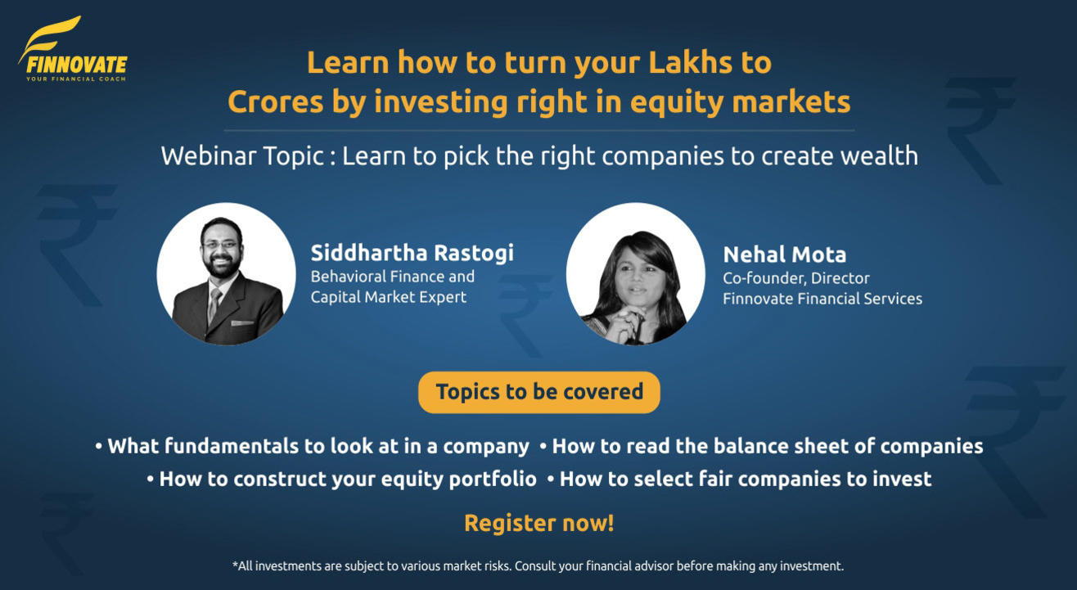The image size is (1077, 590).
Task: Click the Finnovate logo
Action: pyautogui.click(x=72, y=50)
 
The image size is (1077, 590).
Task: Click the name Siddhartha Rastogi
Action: pyautogui.click(x=412, y=253)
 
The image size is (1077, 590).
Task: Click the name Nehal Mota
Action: pyautogui.click(x=784, y=254)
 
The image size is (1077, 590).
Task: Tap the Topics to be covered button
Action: pyautogui.click(x=538, y=392)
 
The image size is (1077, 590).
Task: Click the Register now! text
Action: pyautogui.click(x=538, y=523)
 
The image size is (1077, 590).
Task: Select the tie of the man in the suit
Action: pyautogui.click(x=215, y=304)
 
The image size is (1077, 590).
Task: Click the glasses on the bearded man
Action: pyautogui.click(x=221, y=244)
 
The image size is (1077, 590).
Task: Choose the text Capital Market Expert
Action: pyautogui.click(x=388, y=297)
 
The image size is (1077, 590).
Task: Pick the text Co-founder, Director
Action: pyautogui.click(x=795, y=278)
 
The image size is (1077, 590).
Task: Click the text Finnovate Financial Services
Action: pyautogui.click(x=822, y=299)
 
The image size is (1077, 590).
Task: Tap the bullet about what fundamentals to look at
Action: pyautogui.click(x=313, y=447)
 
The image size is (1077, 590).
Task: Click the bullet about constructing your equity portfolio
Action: pyautogui.click(x=341, y=479)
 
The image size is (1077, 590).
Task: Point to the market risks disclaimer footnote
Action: pyautogui.click(x=538, y=565)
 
